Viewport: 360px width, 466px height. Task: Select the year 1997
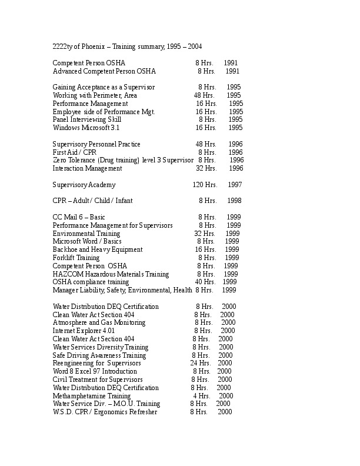235,185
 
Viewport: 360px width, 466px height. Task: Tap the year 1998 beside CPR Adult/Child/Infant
234,201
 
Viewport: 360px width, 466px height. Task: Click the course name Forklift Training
76,258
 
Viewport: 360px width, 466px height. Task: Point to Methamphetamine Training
84,396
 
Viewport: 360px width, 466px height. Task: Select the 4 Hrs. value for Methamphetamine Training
201,396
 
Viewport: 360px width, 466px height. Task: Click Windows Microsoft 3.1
86,128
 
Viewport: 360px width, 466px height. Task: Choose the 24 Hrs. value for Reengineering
201,364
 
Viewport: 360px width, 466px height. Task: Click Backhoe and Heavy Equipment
98,249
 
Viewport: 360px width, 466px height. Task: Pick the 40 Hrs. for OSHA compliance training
205,282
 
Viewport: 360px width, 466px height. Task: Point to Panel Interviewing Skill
87,119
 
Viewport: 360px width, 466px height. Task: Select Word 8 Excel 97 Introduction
95,371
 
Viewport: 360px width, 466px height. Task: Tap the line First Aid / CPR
74,152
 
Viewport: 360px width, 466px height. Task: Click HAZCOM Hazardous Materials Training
111,274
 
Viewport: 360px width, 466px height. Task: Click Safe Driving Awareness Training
99,355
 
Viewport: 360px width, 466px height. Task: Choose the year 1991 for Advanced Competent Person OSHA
232,71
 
